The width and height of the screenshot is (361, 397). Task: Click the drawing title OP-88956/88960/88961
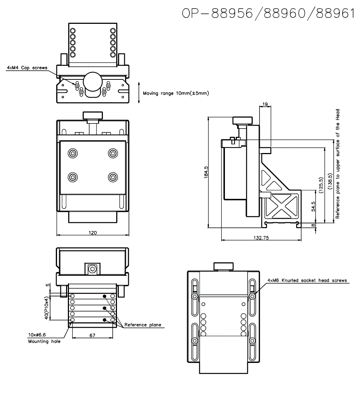point(268,13)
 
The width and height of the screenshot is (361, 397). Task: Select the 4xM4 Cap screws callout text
point(27,67)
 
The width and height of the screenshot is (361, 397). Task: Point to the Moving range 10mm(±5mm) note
point(176,93)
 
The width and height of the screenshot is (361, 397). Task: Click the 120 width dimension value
point(93,233)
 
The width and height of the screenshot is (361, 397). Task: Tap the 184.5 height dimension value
point(206,172)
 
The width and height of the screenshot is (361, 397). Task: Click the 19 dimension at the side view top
point(265,105)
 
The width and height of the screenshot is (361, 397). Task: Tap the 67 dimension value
point(92,335)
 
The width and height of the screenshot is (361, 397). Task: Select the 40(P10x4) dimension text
point(46,307)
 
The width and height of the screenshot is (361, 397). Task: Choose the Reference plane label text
point(143,325)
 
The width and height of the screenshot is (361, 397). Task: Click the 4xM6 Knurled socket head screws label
point(307,280)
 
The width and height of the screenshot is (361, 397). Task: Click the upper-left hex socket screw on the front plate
point(73,153)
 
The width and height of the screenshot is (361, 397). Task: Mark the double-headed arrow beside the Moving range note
point(139,93)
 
